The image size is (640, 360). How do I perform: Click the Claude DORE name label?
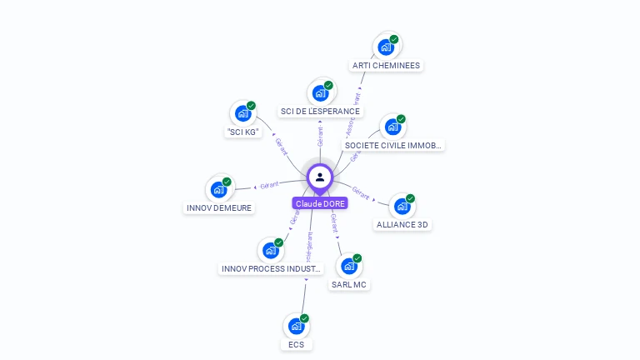pyautogui.click(x=320, y=203)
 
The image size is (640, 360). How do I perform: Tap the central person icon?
pyautogui.click(x=320, y=177)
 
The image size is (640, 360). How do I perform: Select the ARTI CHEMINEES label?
pyautogui.click(x=386, y=66)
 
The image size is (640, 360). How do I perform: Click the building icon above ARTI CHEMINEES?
pyautogui.click(x=386, y=47)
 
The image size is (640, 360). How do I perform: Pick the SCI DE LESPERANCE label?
pyautogui.click(x=320, y=112)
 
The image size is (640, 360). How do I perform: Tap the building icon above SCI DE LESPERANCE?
pyautogui.click(x=320, y=92)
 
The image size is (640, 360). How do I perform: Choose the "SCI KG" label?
pyautogui.click(x=242, y=132)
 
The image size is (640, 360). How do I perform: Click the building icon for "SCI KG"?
pyautogui.click(x=242, y=112)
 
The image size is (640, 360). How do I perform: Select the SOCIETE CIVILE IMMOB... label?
pyautogui.click(x=392, y=145)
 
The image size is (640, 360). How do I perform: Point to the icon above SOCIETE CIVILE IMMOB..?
pyautogui.click(x=392, y=127)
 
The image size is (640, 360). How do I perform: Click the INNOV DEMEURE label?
pyautogui.click(x=218, y=207)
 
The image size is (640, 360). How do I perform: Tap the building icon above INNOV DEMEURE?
pyautogui.click(x=218, y=189)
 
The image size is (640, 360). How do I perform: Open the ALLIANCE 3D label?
pyautogui.click(x=403, y=224)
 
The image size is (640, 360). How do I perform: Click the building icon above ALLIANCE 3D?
pyautogui.click(x=402, y=205)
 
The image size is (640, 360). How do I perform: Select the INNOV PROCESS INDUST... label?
pyautogui.click(x=271, y=268)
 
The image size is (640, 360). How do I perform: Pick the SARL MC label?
pyautogui.click(x=349, y=284)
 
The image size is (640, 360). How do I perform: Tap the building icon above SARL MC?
pyautogui.click(x=349, y=266)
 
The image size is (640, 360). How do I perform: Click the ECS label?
pyautogui.click(x=296, y=344)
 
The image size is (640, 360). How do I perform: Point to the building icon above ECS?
pyautogui.click(x=296, y=325)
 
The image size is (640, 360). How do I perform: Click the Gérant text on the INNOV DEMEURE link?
pyautogui.click(x=269, y=185)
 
